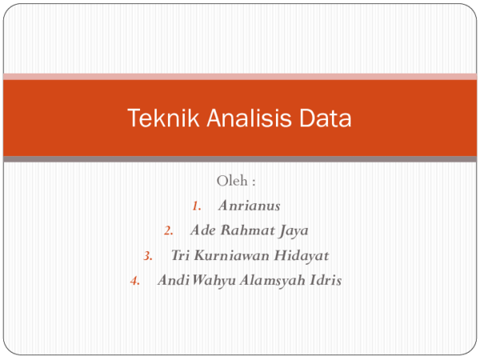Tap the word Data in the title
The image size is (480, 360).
(326, 119)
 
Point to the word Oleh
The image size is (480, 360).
(230, 181)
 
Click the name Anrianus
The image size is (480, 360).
(249, 206)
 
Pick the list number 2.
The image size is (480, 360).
(168, 231)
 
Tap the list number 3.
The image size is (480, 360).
(148, 256)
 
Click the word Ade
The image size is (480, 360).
(202, 230)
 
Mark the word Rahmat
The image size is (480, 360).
(246, 230)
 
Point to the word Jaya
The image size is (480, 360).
(294, 230)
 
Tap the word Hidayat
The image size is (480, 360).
(300, 255)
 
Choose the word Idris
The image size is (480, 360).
(326, 280)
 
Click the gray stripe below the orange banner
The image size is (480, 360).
(240, 159)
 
